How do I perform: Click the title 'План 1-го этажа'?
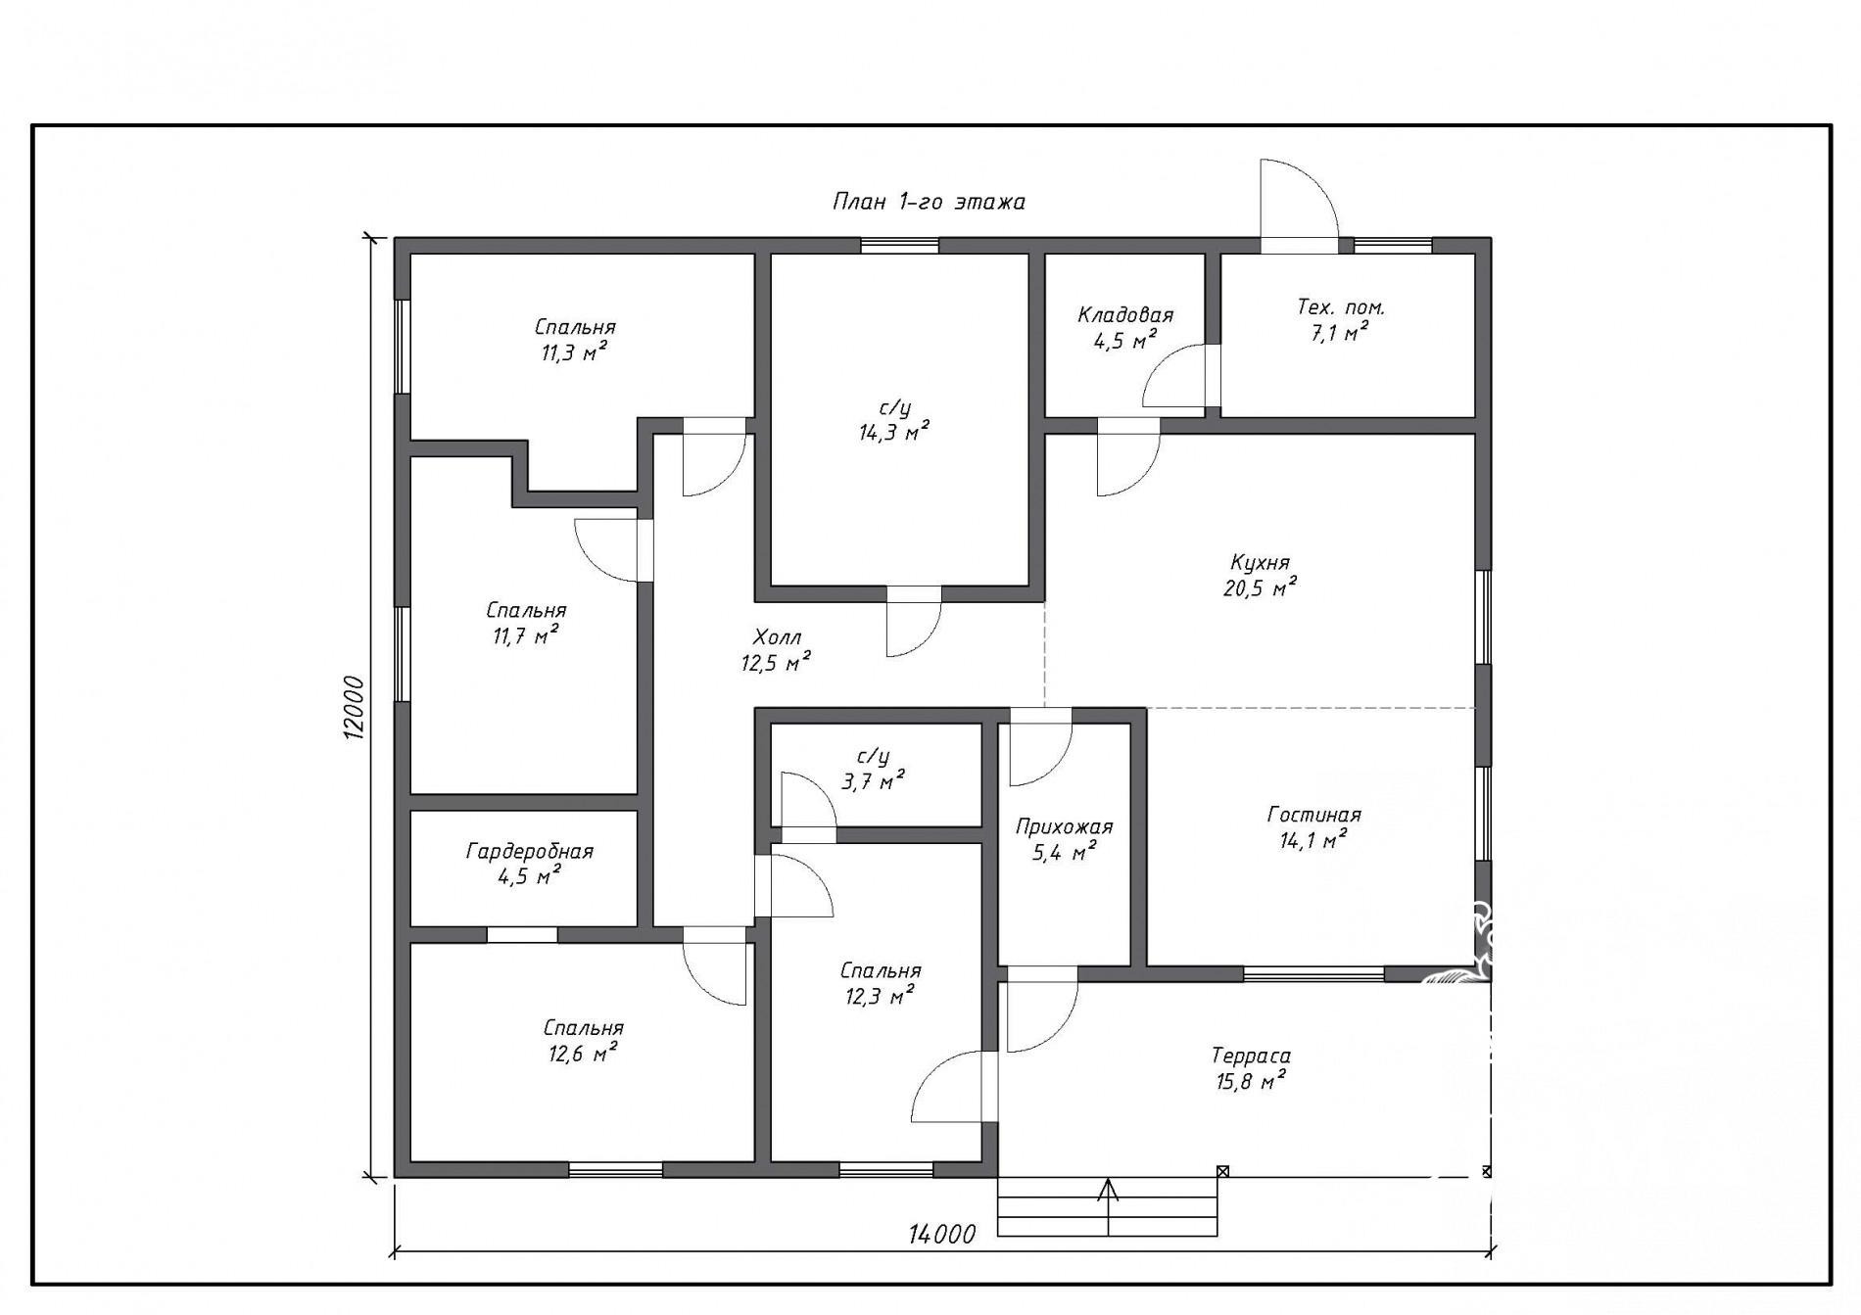point(929,202)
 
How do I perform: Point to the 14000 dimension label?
point(941,1234)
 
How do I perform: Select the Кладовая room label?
point(1125,314)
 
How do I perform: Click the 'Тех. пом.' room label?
point(1341,306)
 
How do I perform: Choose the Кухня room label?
point(1260,563)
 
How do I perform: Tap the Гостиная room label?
point(1313,815)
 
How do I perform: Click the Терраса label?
point(1251,1056)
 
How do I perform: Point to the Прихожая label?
point(1064,827)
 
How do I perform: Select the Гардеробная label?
point(529,851)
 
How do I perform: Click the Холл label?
point(777,637)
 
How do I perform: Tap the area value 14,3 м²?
point(888,433)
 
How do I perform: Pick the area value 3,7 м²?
point(873,780)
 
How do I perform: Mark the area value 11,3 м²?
point(574,352)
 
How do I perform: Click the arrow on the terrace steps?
point(1108,1206)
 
